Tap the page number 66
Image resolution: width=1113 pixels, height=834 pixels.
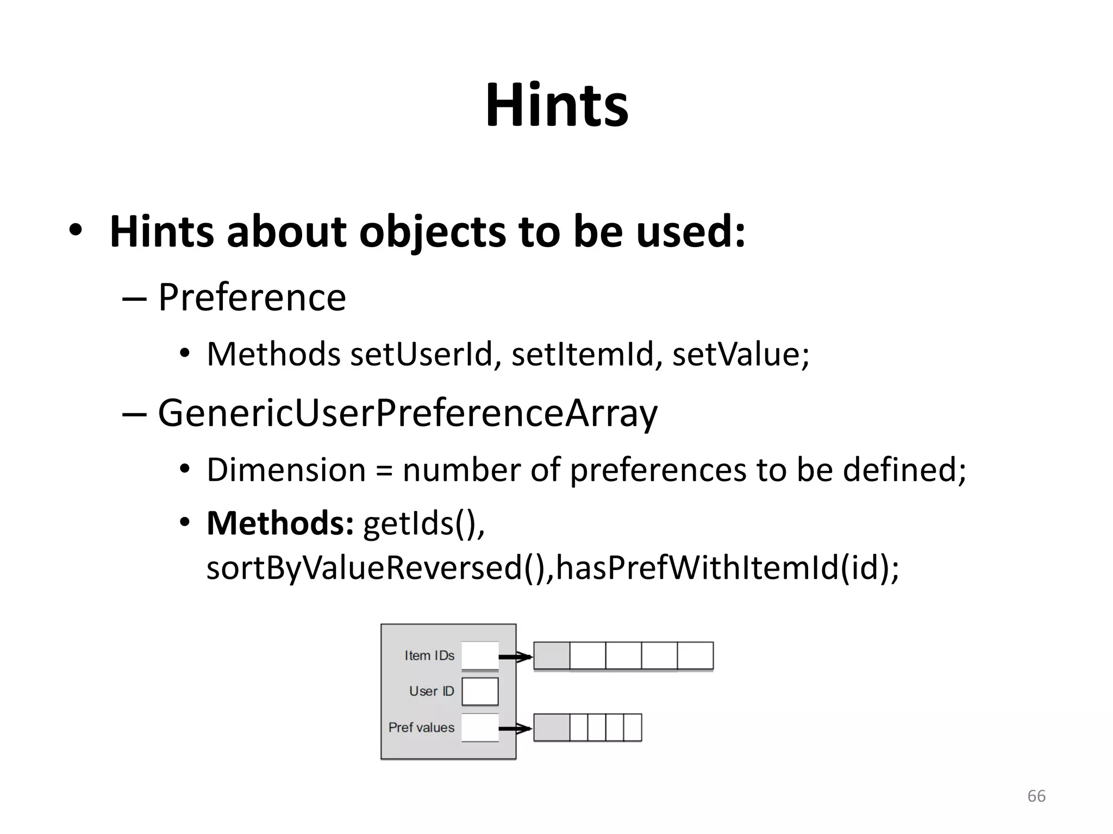tap(1036, 796)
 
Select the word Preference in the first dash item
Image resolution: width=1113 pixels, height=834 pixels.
tap(252, 298)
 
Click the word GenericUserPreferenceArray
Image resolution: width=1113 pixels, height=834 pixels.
tap(408, 414)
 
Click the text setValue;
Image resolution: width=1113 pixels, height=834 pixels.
tap(741, 355)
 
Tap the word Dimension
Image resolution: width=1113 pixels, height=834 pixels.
tap(286, 470)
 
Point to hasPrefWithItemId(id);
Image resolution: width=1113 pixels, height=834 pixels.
tap(727, 568)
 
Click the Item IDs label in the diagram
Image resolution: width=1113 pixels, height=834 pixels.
tap(429, 656)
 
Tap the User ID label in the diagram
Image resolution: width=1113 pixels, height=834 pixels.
tap(432, 691)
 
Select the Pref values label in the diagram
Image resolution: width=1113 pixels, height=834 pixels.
tap(421, 728)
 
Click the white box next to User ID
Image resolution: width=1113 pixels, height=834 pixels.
tap(480, 691)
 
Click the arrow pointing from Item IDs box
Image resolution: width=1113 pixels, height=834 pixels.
tap(515, 657)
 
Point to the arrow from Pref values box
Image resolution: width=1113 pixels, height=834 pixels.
tap(515, 728)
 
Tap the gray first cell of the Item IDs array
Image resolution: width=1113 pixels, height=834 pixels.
tap(552, 656)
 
